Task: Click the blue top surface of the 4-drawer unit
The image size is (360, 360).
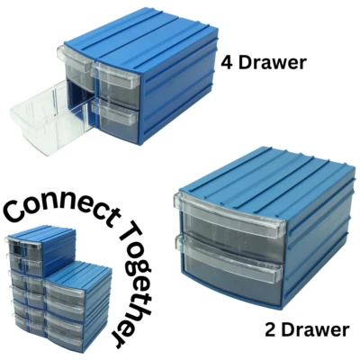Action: (x=135, y=36)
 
